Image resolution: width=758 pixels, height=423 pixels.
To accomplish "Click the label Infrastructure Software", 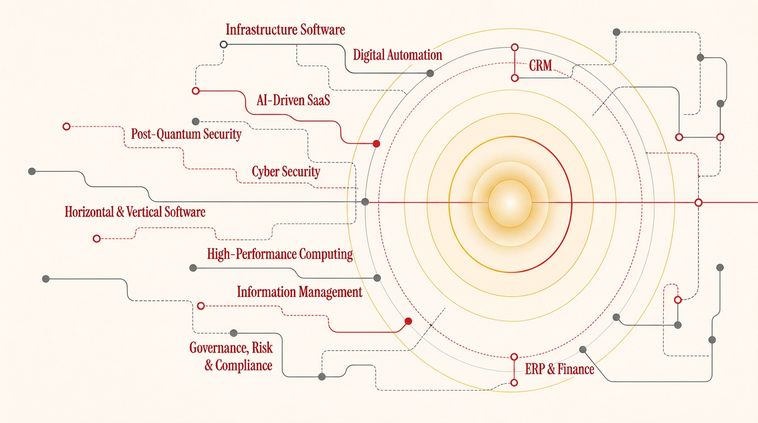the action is click(x=285, y=30).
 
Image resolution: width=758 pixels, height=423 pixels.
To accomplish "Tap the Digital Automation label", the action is click(x=398, y=55).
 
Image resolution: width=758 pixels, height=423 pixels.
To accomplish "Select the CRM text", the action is click(x=540, y=66).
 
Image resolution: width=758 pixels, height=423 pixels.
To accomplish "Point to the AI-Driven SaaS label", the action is click(x=293, y=100).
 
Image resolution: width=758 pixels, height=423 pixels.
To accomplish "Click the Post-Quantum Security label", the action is click(x=186, y=134).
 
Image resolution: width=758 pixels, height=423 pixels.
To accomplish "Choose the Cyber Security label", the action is click(x=286, y=172).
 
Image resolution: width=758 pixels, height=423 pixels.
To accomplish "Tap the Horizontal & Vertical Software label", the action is click(x=135, y=212).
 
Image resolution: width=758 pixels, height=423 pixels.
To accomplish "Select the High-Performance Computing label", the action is click(x=280, y=254).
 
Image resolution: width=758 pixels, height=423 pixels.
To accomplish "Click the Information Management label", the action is click(x=300, y=292).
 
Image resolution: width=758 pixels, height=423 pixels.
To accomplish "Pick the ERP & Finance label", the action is click(x=559, y=369).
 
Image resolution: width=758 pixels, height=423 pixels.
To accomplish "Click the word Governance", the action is click(x=218, y=348).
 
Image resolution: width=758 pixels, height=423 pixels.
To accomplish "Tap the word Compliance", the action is click(x=243, y=366).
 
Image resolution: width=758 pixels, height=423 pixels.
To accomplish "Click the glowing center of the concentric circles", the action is click(x=510, y=203).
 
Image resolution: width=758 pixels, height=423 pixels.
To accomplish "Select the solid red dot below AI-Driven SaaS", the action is click(x=376, y=144).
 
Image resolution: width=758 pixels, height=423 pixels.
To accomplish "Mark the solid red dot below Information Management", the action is click(x=408, y=321).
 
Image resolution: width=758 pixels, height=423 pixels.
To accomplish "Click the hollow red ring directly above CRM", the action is click(x=515, y=47).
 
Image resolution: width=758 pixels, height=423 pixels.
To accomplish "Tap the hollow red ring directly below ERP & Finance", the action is click(x=514, y=383).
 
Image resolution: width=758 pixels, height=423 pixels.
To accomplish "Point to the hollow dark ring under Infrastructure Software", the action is click(x=223, y=44).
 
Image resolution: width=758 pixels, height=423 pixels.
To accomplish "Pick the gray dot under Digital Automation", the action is click(x=430, y=73).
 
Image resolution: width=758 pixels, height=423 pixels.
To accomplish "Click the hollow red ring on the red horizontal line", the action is click(x=699, y=203).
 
